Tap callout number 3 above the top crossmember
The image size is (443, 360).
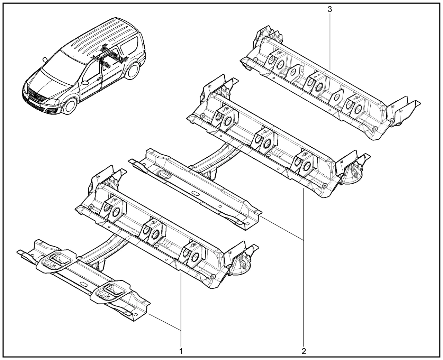click(330, 10)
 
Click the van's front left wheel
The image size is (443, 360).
click(70, 107)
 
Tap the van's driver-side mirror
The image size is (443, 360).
click(85, 83)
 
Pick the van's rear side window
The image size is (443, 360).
click(129, 46)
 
